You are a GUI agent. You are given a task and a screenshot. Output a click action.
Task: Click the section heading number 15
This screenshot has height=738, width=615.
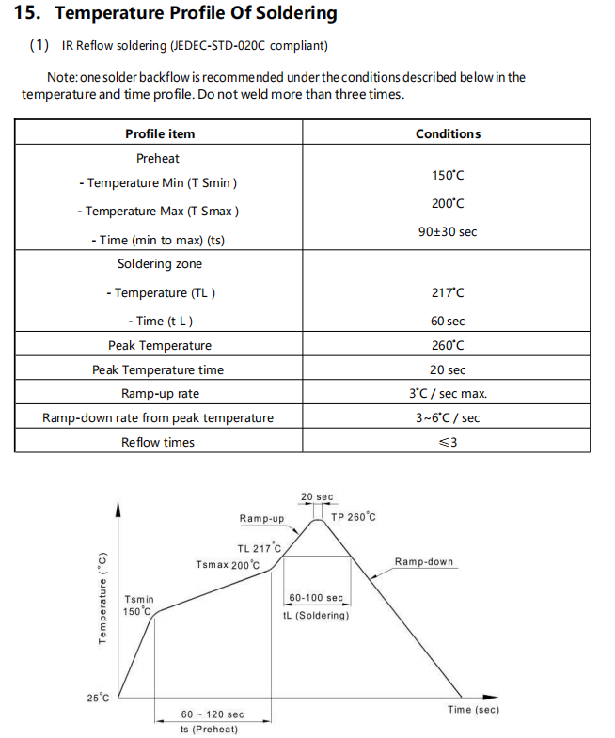click(28, 13)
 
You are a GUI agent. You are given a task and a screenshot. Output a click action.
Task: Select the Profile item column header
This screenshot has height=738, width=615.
click(160, 133)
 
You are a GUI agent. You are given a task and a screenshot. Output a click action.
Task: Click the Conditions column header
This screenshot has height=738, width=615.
click(448, 133)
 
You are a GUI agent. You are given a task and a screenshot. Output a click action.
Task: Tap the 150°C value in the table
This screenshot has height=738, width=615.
click(448, 176)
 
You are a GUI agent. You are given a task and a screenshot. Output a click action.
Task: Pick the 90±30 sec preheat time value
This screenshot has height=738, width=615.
click(448, 231)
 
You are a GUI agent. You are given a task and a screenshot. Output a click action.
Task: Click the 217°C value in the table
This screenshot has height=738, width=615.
click(448, 293)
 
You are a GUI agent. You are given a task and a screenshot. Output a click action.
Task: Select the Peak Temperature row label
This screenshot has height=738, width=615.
click(160, 346)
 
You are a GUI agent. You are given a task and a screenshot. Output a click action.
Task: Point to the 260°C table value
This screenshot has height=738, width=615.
click(448, 346)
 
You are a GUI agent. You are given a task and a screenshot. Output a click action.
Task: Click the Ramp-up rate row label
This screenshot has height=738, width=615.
click(160, 394)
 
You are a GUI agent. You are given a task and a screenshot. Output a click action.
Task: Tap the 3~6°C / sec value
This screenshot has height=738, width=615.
click(448, 418)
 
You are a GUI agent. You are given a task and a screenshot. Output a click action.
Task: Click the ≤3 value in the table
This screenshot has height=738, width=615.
click(448, 442)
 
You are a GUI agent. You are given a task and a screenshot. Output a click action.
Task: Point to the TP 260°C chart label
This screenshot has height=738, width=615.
click(354, 517)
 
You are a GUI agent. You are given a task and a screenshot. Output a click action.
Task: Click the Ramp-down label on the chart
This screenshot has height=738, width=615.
click(423, 562)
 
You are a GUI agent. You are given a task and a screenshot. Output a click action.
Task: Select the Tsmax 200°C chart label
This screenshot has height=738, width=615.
click(228, 565)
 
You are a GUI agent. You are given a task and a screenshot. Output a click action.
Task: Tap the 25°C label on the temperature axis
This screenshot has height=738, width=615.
click(98, 697)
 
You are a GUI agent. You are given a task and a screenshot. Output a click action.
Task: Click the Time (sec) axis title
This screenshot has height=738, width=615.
click(473, 709)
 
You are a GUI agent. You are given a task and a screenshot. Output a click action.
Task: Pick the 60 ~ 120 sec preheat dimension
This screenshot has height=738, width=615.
click(213, 714)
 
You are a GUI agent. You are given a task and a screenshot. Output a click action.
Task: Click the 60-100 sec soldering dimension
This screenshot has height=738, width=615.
click(316, 598)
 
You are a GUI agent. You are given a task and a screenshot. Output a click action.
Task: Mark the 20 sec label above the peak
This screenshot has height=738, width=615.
click(317, 497)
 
